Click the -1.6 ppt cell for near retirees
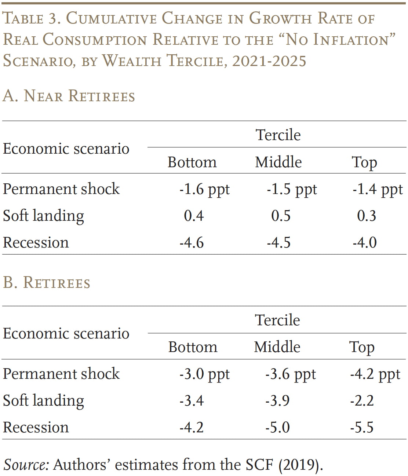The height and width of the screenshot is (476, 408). tap(204, 189)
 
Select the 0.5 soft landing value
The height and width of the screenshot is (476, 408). tap(281, 216)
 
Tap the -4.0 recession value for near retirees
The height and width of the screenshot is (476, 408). tap(365, 242)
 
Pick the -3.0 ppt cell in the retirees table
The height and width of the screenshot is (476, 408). tap(204, 374)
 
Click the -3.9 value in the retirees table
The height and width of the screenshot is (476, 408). tap(277, 400)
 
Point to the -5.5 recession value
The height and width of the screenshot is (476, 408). tap(362, 427)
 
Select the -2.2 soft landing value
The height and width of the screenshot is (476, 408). tap(362, 400)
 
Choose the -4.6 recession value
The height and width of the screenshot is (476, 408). tap(192, 242)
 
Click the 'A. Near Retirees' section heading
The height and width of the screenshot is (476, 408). tap(69, 96)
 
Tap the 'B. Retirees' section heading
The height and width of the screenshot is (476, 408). tap(47, 283)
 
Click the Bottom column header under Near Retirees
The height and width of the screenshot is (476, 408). tap(192, 162)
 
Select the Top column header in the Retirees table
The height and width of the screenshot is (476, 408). tap(362, 347)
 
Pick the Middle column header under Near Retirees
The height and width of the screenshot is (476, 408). tap(278, 162)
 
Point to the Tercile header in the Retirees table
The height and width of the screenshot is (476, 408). tap(277, 320)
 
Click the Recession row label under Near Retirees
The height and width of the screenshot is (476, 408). tap(36, 242)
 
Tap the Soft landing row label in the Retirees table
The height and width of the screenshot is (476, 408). tap(43, 400)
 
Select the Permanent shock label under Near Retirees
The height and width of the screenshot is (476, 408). tap(61, 189)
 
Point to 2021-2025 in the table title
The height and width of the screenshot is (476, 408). tap(269, 61)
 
